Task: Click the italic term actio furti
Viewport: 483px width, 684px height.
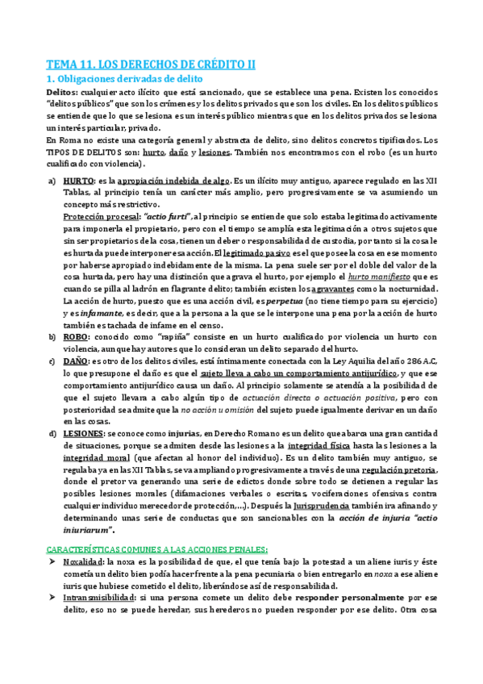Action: point(166,217)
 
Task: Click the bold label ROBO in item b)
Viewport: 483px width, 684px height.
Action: point(77,336)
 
